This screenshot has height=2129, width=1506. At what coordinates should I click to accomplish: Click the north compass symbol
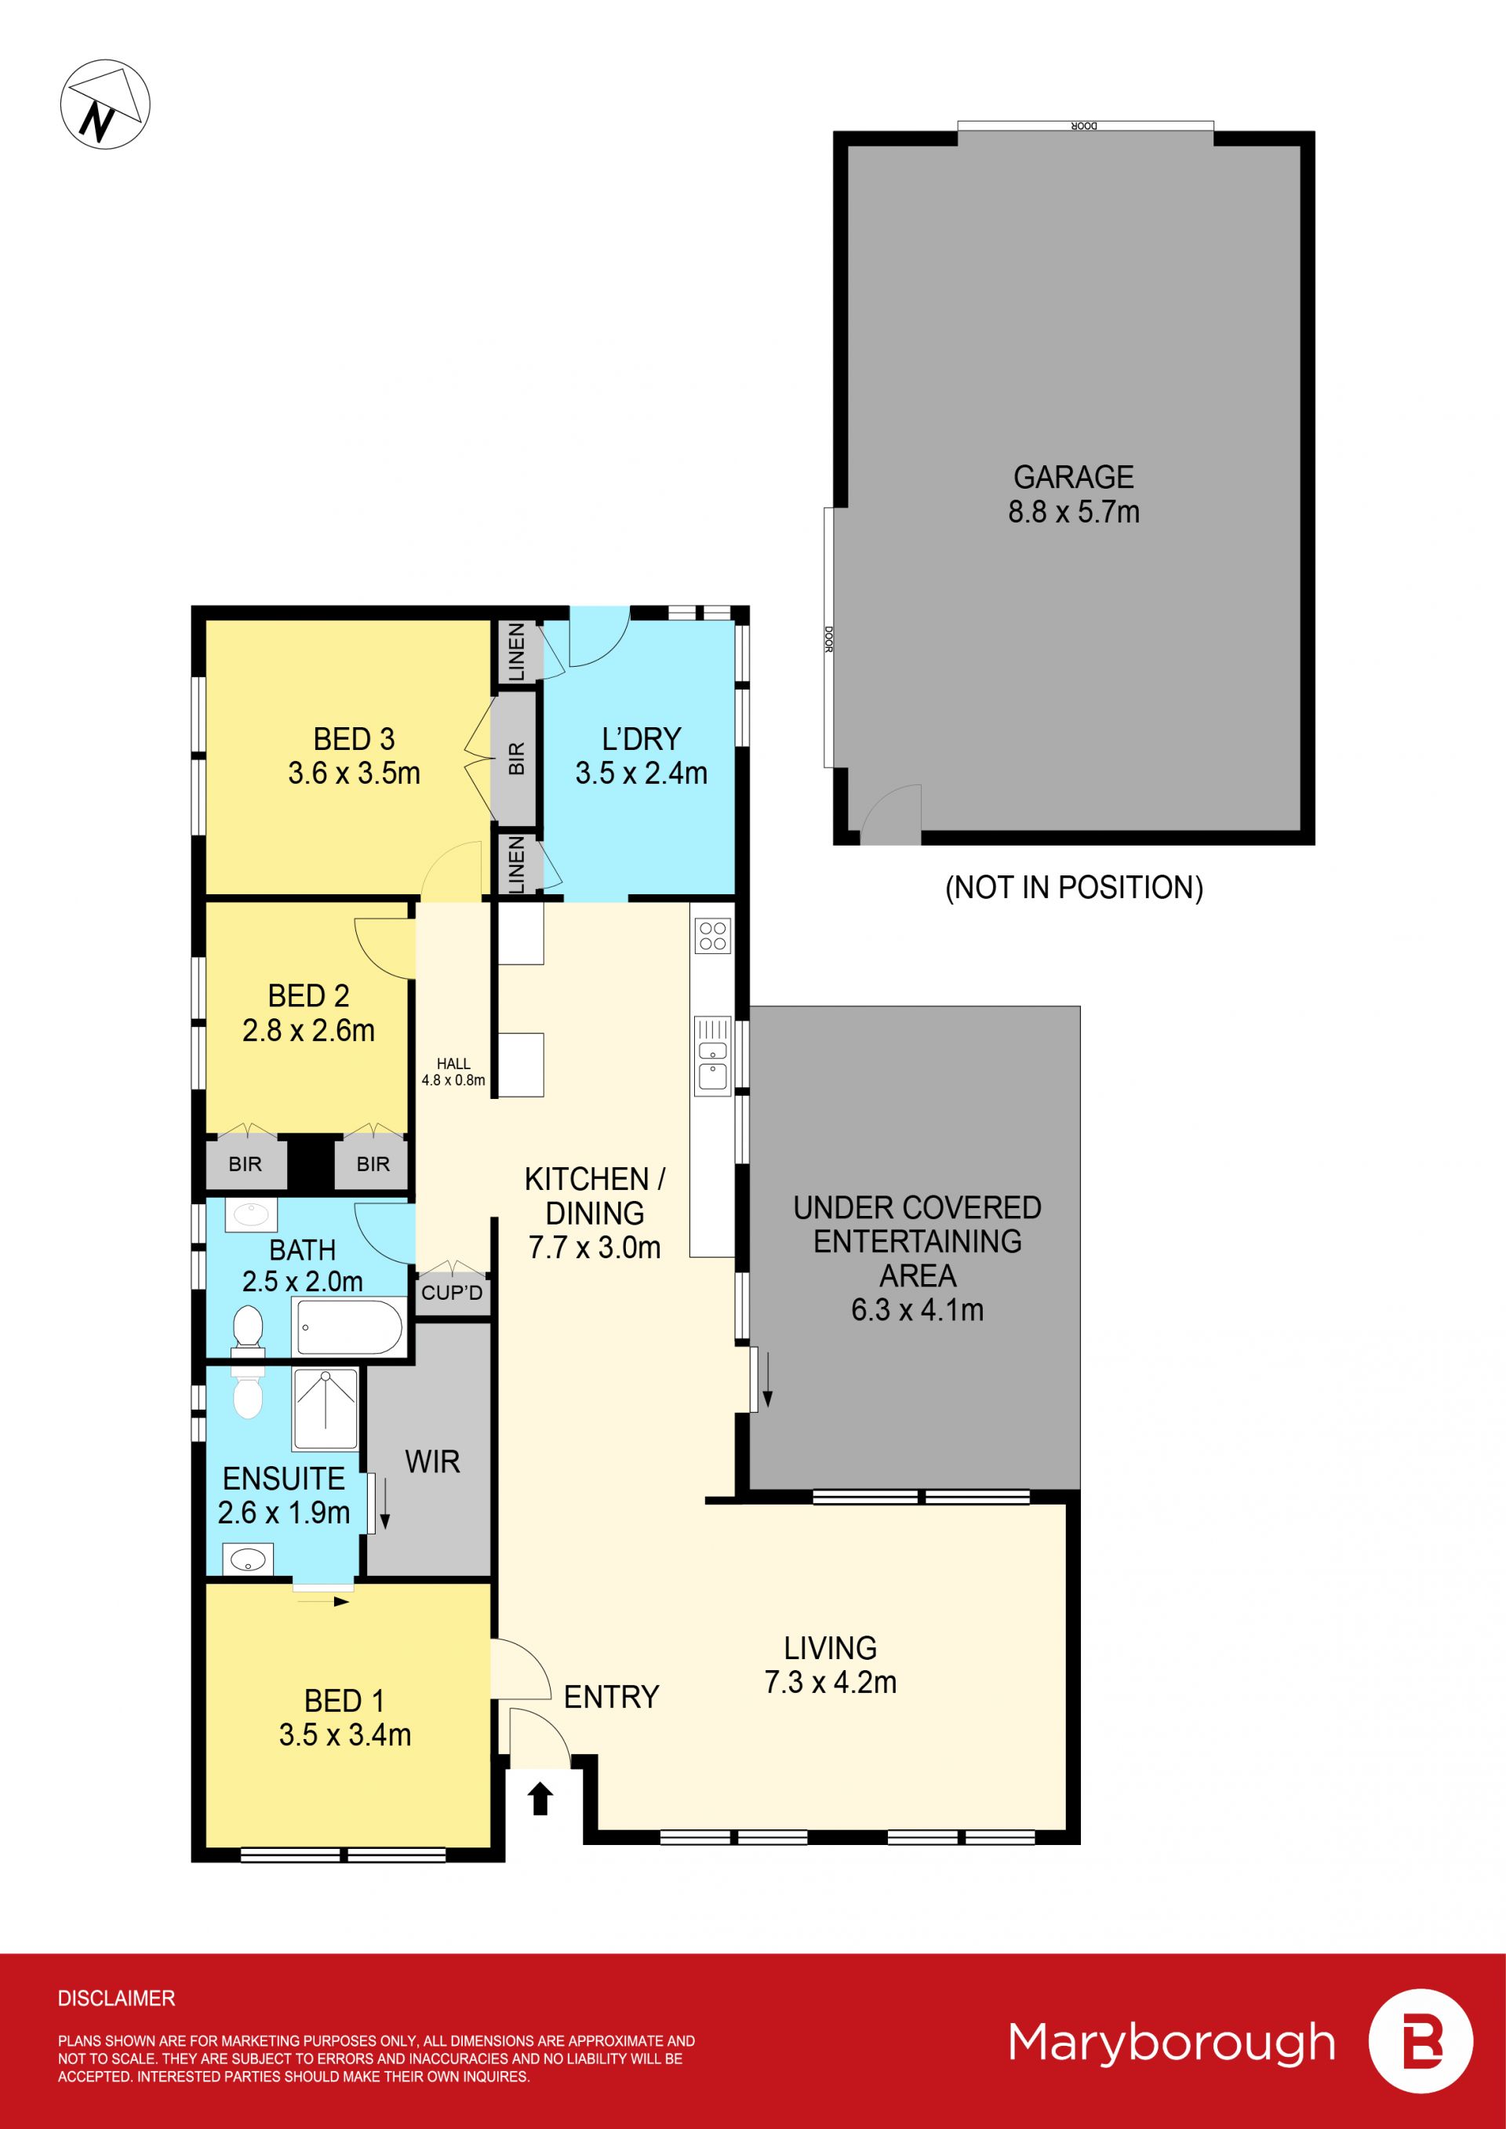click(x=105, y=104)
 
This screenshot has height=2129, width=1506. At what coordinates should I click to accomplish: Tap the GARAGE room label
click(x=1073, y=477)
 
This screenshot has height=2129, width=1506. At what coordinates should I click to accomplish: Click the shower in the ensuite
click(x=326, y=1409)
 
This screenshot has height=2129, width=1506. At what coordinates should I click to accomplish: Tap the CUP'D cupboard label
click(x=452, y=1293)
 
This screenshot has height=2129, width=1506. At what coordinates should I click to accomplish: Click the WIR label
click(x=432, y=1462)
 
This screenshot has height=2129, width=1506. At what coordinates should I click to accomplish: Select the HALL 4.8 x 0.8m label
click(x=453, y=1071)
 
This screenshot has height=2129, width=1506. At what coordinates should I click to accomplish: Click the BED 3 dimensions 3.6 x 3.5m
click(x=355, y=773)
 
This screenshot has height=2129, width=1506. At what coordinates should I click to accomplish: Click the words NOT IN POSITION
click(x=1074, y=887)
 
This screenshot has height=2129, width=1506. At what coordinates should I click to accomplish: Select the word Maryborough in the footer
click(x=1172, y=2042)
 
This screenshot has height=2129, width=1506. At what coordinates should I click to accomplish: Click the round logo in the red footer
click(x=1421, y=2041)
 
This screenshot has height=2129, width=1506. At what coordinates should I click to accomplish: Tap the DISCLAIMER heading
click(x=116, y=1997)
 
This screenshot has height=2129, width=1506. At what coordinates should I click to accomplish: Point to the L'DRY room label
click(x=641, y=739)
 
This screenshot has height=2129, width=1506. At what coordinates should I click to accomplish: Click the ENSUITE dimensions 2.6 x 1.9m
click(x=284, y=1512)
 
